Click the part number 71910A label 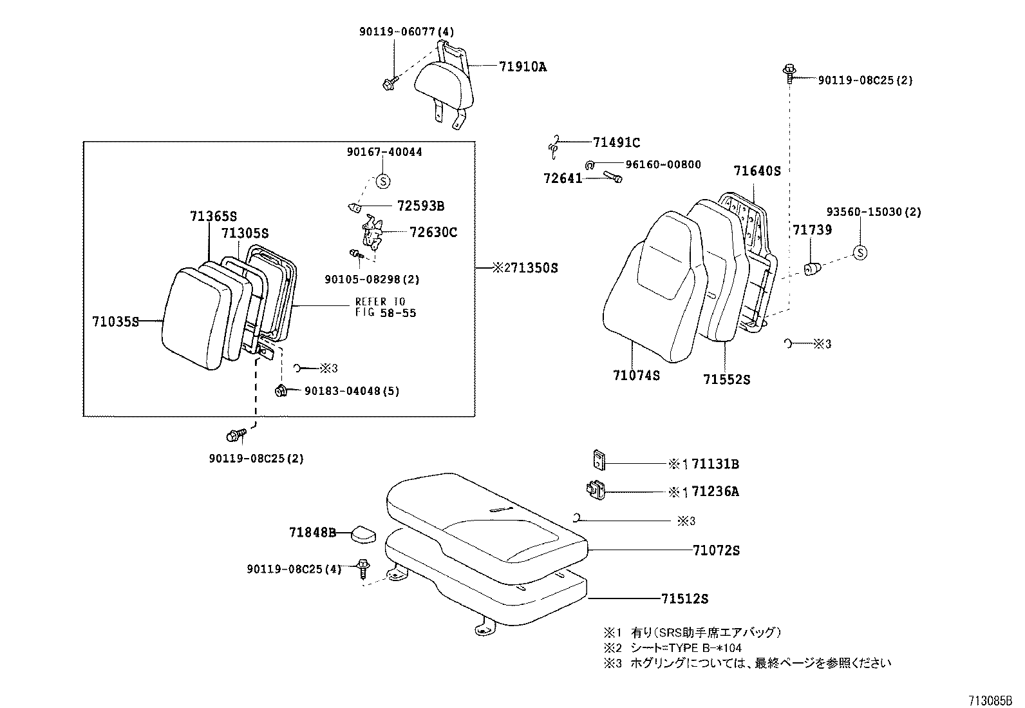pos(522,66)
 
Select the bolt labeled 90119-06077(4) pos(390,83)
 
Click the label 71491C pos(616,142)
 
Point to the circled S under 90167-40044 pos(382,181)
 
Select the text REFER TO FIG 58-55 pos(386,307)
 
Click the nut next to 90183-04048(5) pos(281,390)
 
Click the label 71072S pos(716,550)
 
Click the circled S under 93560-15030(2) pos(860,253)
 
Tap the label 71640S pos(757,171)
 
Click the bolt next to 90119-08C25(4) pos(363,568)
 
